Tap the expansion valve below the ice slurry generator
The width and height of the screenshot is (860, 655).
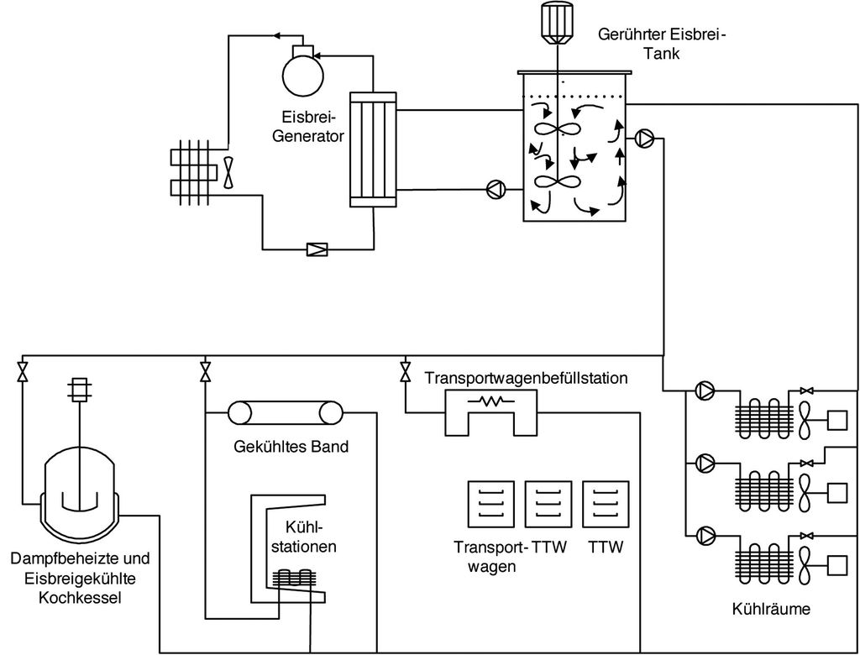click(x=318, y=249)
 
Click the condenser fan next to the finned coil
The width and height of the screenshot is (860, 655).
click(x=228, y=171)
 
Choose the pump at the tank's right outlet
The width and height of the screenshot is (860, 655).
click(x=645, y=139)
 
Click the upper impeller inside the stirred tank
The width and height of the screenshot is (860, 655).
click(x=557, y=129)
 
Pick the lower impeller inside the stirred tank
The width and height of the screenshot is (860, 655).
click(x=557, y=182)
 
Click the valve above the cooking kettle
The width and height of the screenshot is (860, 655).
click(x=21, y=370)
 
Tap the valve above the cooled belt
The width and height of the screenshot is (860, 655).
click(x=205, y=370)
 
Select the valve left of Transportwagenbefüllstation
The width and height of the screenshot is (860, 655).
click(x=406, y=370)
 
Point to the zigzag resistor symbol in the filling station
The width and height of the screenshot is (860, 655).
click(x=491, y=401)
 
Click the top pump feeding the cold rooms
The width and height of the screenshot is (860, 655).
click(x=705, y=390)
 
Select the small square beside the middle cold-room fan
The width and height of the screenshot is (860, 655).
click(x=839, y=490)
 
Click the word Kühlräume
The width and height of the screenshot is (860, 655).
click(x=771, y=609)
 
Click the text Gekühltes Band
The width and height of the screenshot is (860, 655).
click(x=291, y=446)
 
